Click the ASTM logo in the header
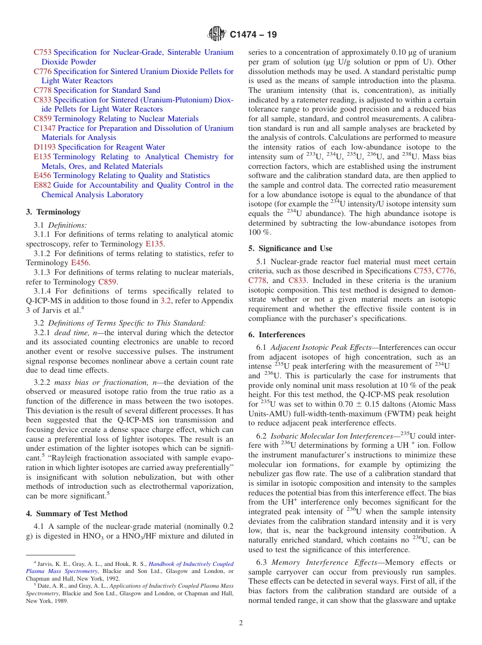[x=217, y=34]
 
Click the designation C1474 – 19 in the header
[x=253, y=35]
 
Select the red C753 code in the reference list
[x=42, y=52]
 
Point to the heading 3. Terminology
[x=53, y=212]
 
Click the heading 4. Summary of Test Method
[x=77, y=514]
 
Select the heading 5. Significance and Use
[x=290, y=248]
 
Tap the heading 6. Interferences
[x=277, y=335]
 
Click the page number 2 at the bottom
[x=241, y=623]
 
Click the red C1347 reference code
[x=45, y=128]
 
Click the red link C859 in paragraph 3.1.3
[x=107, y=282]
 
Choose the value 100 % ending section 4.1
[x=257, y=232]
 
